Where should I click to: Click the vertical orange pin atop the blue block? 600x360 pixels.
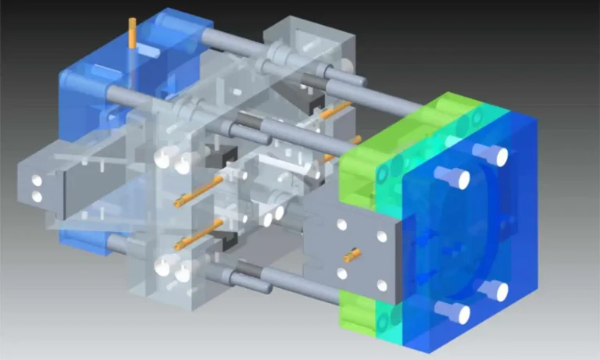point(132,36)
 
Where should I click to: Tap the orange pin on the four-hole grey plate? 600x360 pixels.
point(352,254)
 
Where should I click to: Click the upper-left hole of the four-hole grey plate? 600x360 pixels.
point(341,225)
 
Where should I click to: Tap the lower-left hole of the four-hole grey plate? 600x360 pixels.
point(341,273)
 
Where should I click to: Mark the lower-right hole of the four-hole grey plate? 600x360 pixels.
point(382,286)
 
